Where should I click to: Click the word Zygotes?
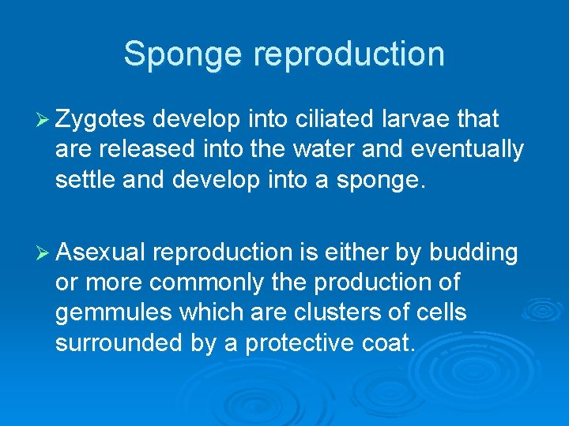click(101, 120)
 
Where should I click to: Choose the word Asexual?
click(101, 252)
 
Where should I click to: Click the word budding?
click(473, 252)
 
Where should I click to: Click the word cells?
click(443, 312)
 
